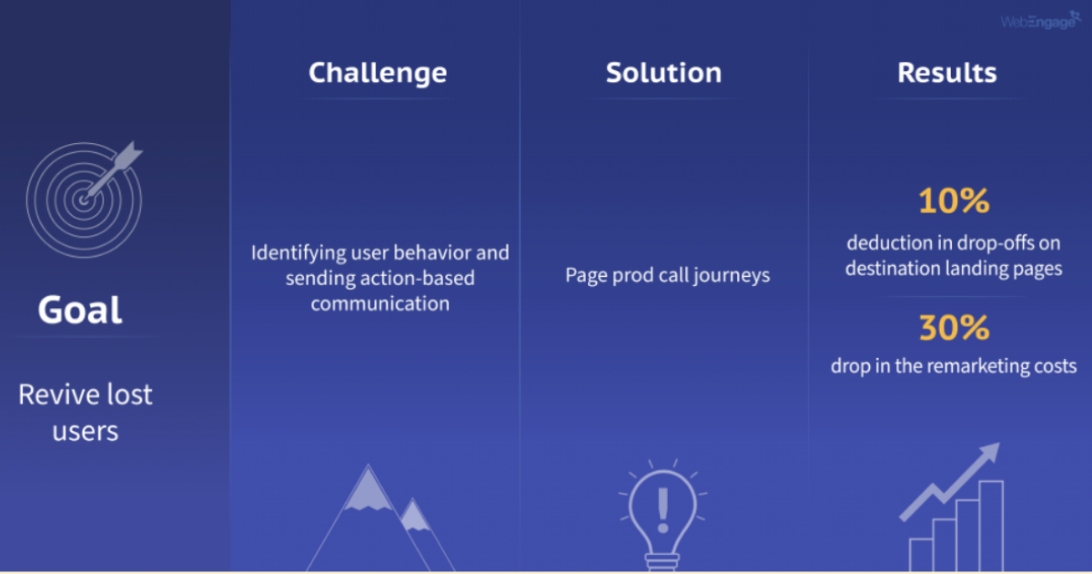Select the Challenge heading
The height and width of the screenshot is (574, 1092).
coord(378,73)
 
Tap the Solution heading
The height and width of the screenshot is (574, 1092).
coord(663,73)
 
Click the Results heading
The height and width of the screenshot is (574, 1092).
coord(946,73)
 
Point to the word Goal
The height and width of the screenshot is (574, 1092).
coord(80,311)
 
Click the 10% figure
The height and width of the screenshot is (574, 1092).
coord(953,201)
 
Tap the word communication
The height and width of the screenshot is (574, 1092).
coord(379,303)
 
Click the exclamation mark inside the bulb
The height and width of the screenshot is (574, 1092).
coord(662,506)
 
